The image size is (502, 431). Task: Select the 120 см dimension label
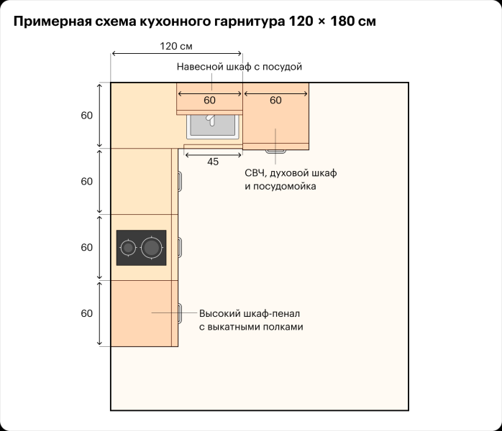pos(176,46)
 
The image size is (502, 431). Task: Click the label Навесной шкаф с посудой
pos(239,67)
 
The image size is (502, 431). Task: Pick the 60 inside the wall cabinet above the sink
pos(209,101)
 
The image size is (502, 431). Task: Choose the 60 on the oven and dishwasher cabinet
pos(275,101)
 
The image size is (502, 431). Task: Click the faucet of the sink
pos(211,120)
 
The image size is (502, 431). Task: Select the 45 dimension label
pos(213,162)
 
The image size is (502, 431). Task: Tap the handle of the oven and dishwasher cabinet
pos(275,152)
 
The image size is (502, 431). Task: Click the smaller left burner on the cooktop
pos(129,248)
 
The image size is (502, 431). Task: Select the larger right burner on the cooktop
pos(151,248)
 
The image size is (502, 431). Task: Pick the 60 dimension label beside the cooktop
pos(87,247)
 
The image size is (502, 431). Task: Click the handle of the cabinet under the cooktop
pos(180,247)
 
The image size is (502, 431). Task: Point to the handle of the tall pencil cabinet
pos(179,312)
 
